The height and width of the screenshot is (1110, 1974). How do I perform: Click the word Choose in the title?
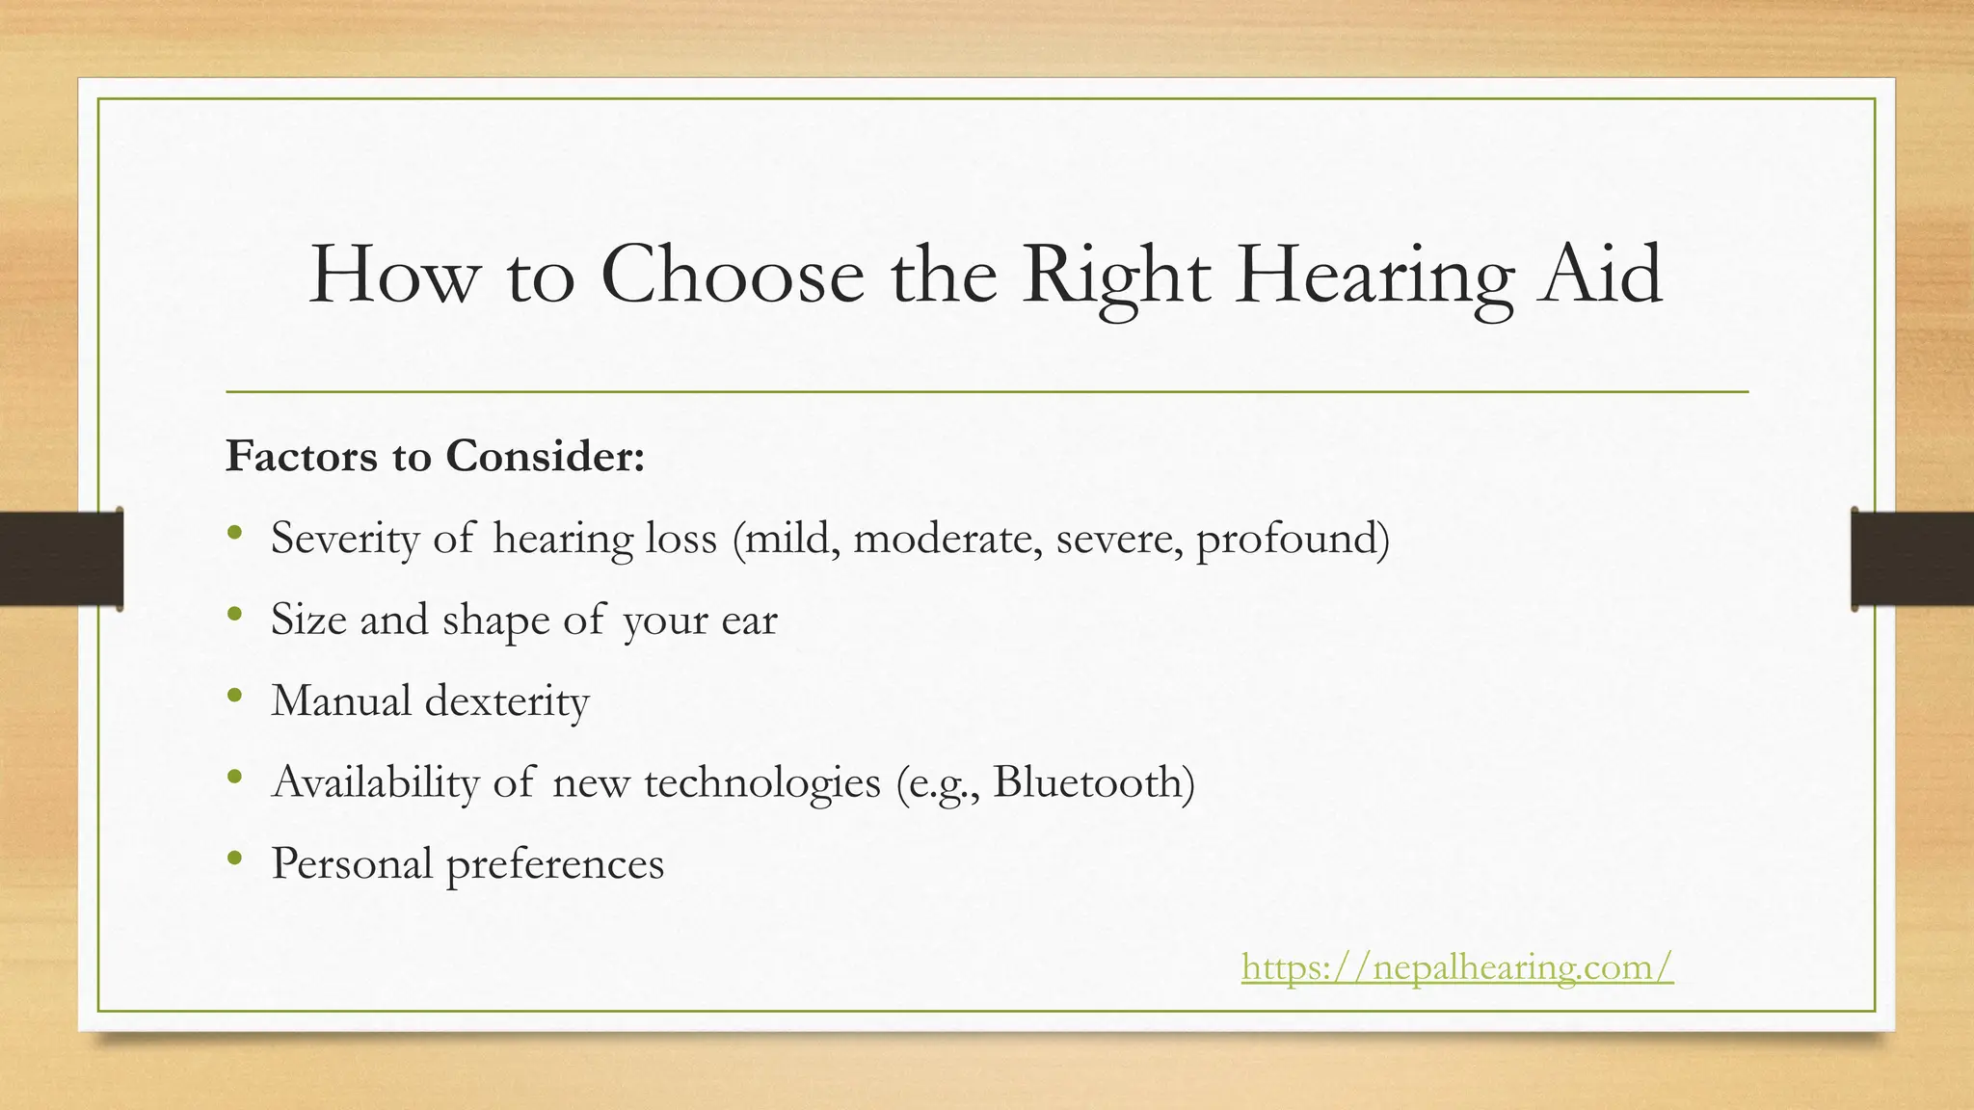(733, 275)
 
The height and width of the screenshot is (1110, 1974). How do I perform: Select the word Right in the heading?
(1115, 275)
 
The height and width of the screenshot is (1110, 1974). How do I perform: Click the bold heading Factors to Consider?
(435, 456)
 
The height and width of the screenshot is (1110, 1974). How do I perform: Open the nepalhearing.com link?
(1456, 965)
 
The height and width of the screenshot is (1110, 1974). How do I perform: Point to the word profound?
(1292, 538)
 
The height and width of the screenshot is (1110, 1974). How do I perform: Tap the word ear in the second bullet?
(749, 620)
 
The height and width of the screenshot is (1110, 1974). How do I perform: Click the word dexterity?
(507, 700)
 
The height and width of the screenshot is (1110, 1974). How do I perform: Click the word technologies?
(762, 781)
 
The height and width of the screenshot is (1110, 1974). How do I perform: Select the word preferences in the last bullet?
(554, 863)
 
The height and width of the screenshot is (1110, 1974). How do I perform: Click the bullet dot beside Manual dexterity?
(234, 696)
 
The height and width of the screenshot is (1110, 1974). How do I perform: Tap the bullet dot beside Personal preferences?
(234, 859)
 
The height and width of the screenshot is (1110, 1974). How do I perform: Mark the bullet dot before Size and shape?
(234, 614)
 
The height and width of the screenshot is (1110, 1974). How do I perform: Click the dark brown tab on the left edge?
(61, 559)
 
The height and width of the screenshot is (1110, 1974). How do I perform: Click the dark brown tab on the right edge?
(1912, 559)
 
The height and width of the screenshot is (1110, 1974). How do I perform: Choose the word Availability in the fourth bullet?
(375, 781)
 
